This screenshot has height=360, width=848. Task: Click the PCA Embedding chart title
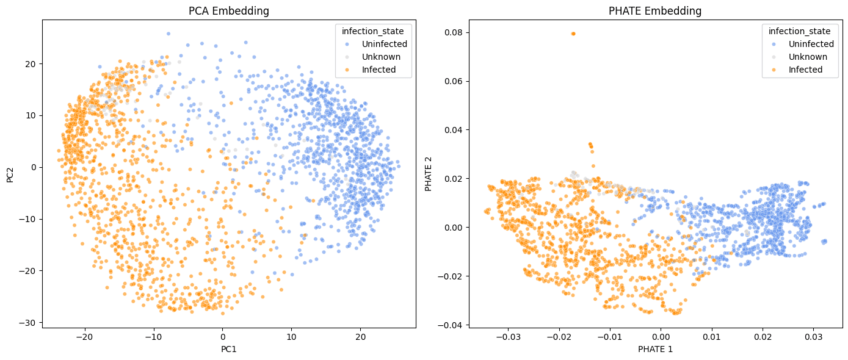(229, 11)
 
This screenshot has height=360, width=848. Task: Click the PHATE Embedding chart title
(655, 11)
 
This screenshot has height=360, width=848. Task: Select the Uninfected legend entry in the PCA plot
(384, 44)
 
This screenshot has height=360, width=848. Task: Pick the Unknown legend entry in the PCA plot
(381, 57)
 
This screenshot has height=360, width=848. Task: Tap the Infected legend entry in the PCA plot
(379, 70)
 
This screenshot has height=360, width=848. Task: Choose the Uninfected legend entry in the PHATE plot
(811, 44)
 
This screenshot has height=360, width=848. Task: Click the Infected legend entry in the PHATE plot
(805, 70)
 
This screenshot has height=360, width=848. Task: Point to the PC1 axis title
(229, 350)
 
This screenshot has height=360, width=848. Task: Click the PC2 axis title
(10, 174)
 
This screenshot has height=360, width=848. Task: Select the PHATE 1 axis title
(655, 350)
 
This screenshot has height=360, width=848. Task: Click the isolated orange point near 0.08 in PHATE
(573, 34)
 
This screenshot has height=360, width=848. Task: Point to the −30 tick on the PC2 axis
(29, 322)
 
